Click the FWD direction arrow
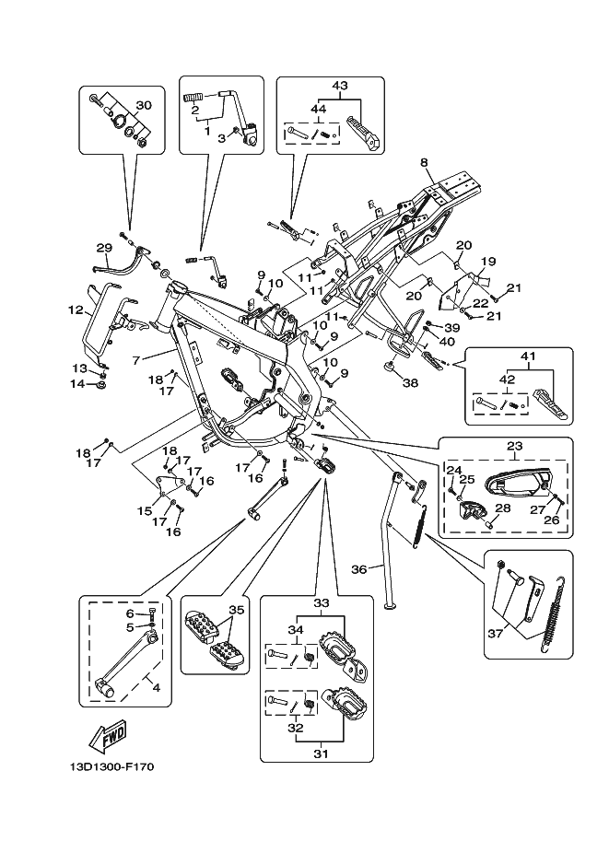109,736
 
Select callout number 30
143,104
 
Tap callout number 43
340,86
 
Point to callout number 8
424,163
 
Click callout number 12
75,310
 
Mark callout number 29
103,247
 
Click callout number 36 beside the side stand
360,568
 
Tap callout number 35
236,609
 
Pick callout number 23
514,447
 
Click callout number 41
527,356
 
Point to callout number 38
410,383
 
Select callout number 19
488,262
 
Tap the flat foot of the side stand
391,605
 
